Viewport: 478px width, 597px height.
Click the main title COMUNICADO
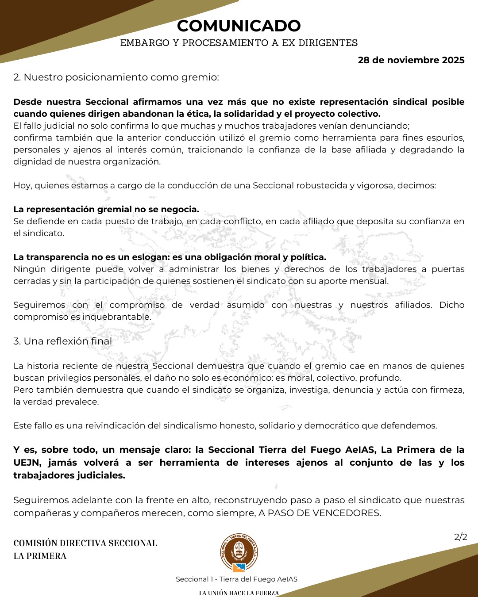239,26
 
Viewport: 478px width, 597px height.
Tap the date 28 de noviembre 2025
411,60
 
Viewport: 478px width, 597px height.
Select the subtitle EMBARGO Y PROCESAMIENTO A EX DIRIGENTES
239,43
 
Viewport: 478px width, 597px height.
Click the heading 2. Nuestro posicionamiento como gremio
116,77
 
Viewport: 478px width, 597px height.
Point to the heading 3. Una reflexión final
62,341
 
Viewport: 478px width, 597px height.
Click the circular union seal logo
239,552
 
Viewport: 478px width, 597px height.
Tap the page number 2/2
460,537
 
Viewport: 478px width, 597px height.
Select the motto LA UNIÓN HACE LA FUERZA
239,593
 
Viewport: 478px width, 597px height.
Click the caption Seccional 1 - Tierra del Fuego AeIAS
236,579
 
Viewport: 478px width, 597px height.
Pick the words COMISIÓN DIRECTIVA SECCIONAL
85,543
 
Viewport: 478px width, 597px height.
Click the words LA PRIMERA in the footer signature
40,556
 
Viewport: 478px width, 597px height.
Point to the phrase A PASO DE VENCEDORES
324,513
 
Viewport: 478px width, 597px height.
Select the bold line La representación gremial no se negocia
106,209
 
